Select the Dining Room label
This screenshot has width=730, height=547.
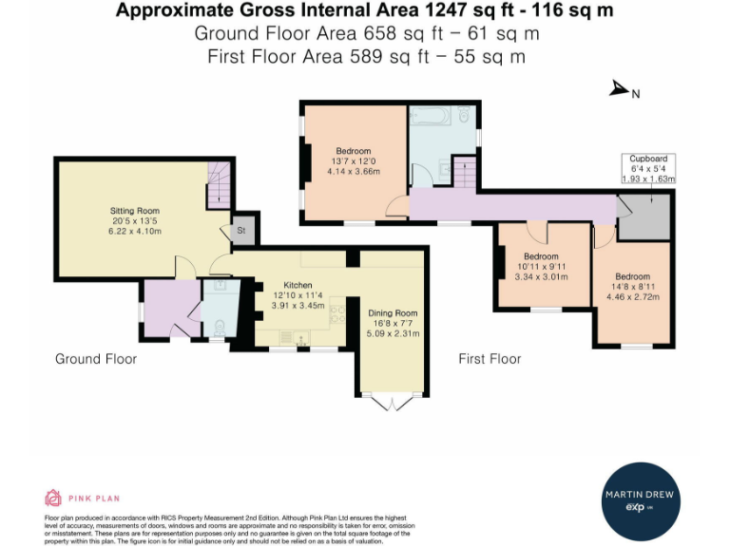point(393,323)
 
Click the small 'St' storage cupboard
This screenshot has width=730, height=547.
point(240,228)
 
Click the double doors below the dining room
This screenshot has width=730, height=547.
point(394,405)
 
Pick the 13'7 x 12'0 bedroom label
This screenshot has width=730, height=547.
point(354,160)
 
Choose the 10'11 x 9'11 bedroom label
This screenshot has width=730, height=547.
point(540,267)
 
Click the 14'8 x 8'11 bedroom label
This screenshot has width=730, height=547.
point(632,285)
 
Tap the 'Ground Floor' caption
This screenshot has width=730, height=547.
point(95,359)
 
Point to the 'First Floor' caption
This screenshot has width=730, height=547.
point(490,359)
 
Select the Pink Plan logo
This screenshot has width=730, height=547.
point(83,498)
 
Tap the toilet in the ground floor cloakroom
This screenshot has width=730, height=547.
point(218,326)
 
